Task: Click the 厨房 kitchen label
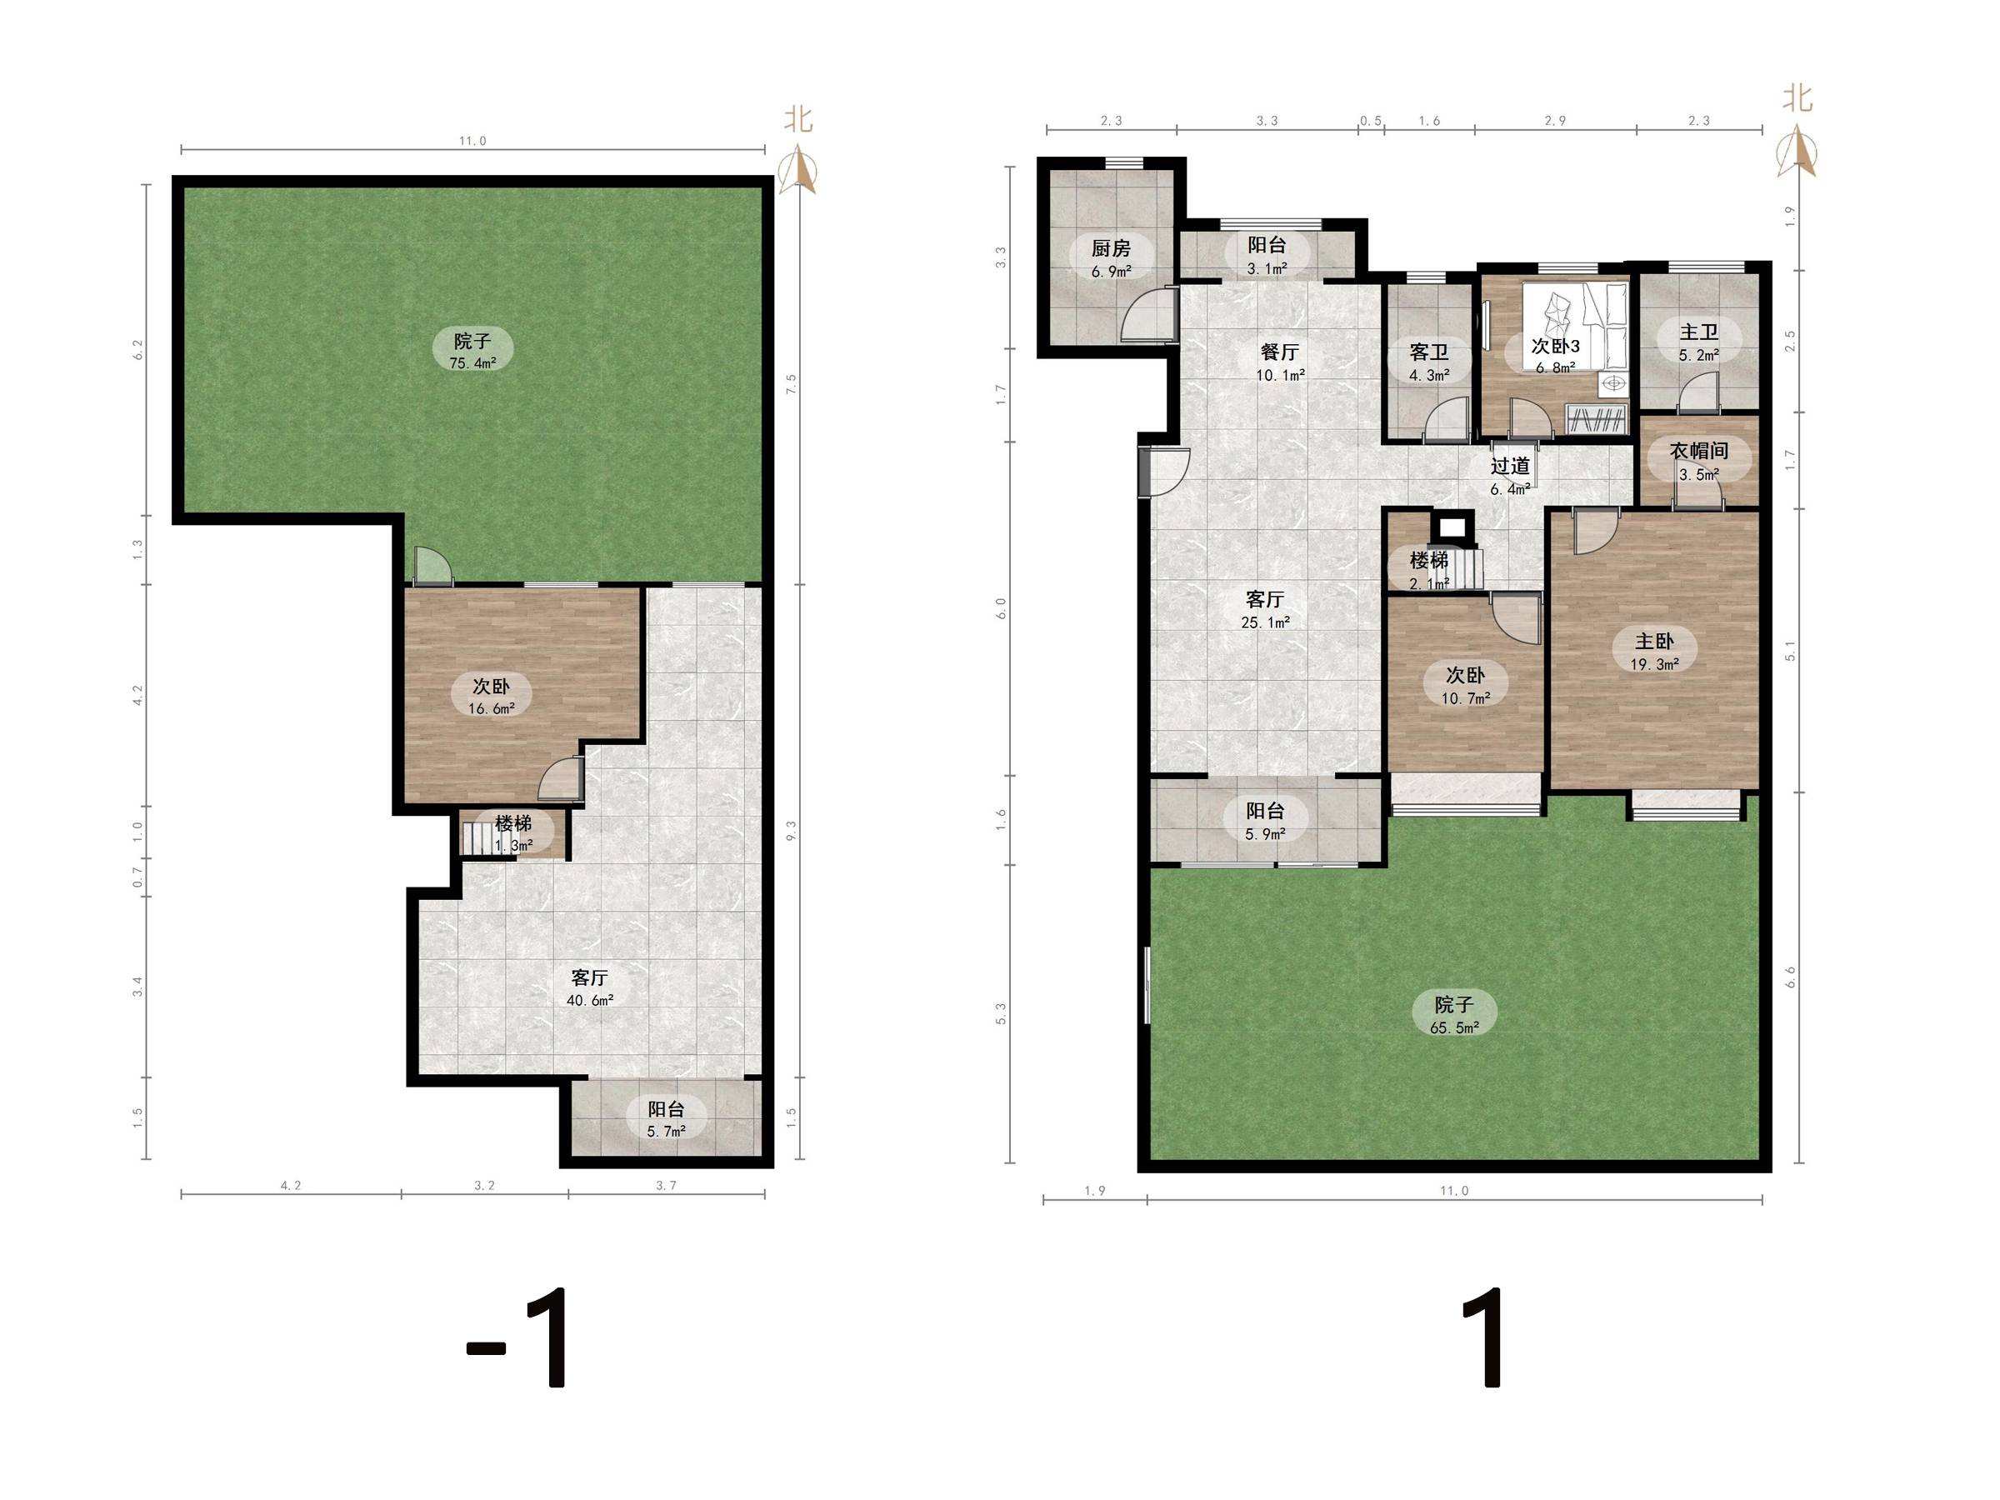(1110, 248)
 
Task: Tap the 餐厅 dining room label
(1279, 352)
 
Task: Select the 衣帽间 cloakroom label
(1698, 450)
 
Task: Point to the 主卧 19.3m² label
(1653, 652)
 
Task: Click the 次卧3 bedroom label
(1555, 347)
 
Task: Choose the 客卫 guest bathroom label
(1428, 352)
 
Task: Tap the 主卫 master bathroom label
(1698, 332)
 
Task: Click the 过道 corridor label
(1510, 466)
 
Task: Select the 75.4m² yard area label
(472, 363)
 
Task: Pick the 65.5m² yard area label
(1454, 1028)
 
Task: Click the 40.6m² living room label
(589, 1000)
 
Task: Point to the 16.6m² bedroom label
(491, 709)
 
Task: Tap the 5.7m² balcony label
(666, 1131)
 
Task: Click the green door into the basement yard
(432, 567)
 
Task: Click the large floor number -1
(517, 1337)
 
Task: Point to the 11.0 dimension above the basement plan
(472, 141)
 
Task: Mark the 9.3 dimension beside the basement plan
(791, 830)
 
